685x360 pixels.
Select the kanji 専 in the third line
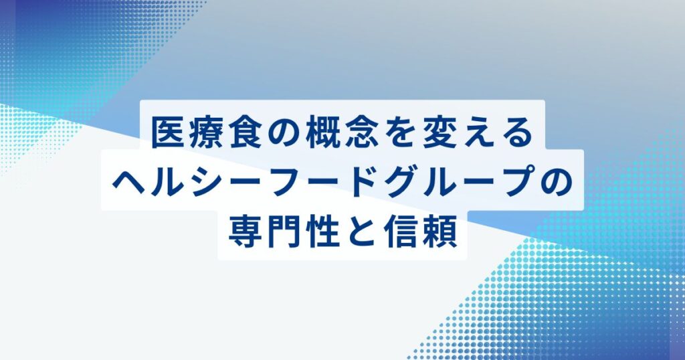pyautogui.click(x=244, y=232)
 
